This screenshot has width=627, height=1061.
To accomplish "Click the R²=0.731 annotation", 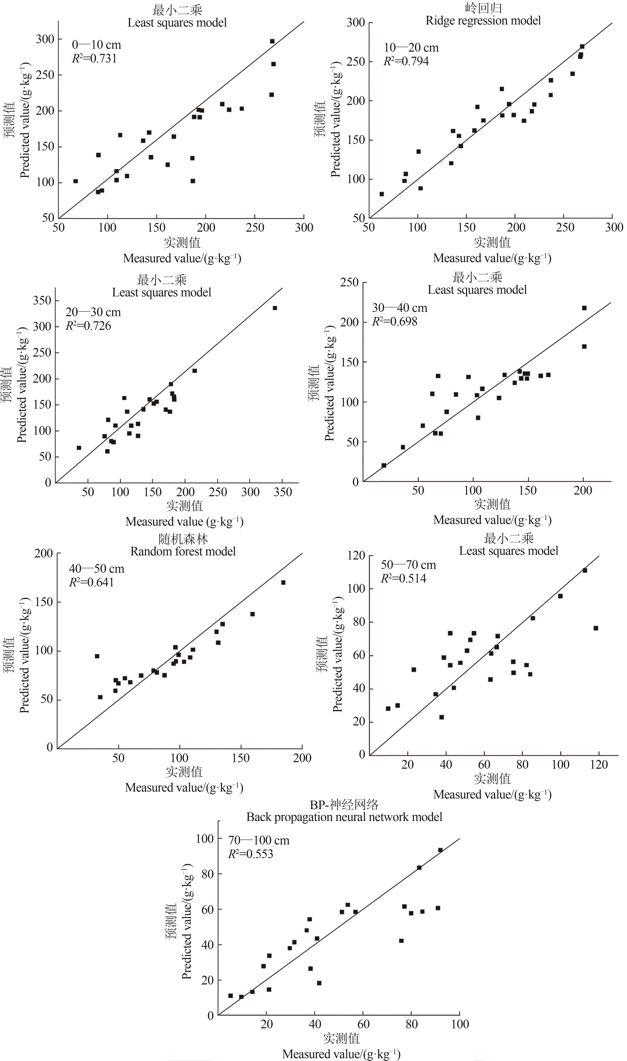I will pyautogui.click(x=94, y=58).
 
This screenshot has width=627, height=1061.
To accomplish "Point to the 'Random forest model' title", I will pyautogui.click(x=183, y=551).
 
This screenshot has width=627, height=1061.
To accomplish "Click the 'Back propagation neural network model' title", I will pyautogui.click(x=344, y=817).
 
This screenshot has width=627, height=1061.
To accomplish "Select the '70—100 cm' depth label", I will pyautogui.click(x=258, y=841).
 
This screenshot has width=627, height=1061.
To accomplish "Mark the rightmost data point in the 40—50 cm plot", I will pyautogui.click(x=283, y=583).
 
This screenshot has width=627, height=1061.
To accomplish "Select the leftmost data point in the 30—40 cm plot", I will pyautogui.click(x=384, y=465).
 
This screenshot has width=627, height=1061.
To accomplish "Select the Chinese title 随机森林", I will pyautogui.click(x=183, y=539).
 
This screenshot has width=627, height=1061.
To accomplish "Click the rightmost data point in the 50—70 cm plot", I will pyautogui.click(x=596, y=628).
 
